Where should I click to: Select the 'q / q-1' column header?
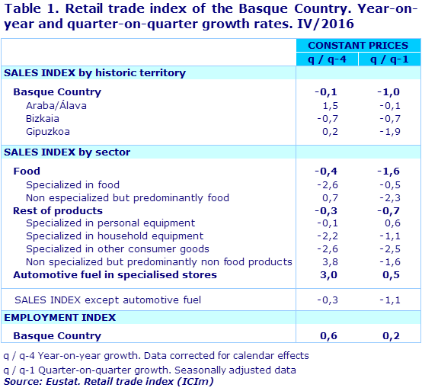point(388,59)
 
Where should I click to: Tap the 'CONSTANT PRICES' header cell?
point(357,46)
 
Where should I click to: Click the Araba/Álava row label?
point(56,105)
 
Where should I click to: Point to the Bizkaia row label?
point(43,119)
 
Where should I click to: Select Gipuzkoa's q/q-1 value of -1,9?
point(389,132)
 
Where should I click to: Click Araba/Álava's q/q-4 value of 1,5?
point(326,105)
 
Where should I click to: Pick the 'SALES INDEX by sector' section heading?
point(67,152)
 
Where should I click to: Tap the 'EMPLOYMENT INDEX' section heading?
point(60,317)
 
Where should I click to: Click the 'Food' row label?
point(27,171)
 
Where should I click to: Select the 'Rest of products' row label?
point(58,210)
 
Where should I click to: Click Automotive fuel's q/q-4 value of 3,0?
point(326,274)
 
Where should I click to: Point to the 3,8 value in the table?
point(326,261)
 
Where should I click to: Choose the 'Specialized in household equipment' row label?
point(110,236)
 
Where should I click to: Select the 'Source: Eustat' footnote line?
point(108,381)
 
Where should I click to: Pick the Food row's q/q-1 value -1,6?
point(389,171)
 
